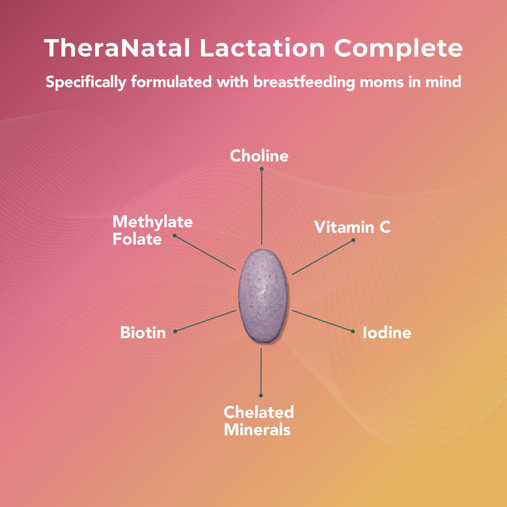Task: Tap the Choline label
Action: (x=259, y=156)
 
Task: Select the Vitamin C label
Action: (x=352, y=227)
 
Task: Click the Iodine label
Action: (x=387, y=333)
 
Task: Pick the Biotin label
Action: (x=143, y=333)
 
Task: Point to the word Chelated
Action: (x=259, y=412)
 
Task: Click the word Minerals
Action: (x=257, y=429)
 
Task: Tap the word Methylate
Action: (x=153, y=222)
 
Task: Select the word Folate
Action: (x=137, y=239)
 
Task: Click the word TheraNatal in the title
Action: (x=117, y=49)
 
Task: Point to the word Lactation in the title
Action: (x=262, y=49)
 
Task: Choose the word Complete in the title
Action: (x=398, y=49)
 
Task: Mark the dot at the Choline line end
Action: (x=261, y=169)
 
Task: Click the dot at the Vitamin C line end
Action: (x=353, y=240)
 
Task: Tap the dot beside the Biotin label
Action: (x=175, y=331)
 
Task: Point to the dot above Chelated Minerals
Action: (x=261, y=395)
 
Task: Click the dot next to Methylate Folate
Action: (x=175, y=235)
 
